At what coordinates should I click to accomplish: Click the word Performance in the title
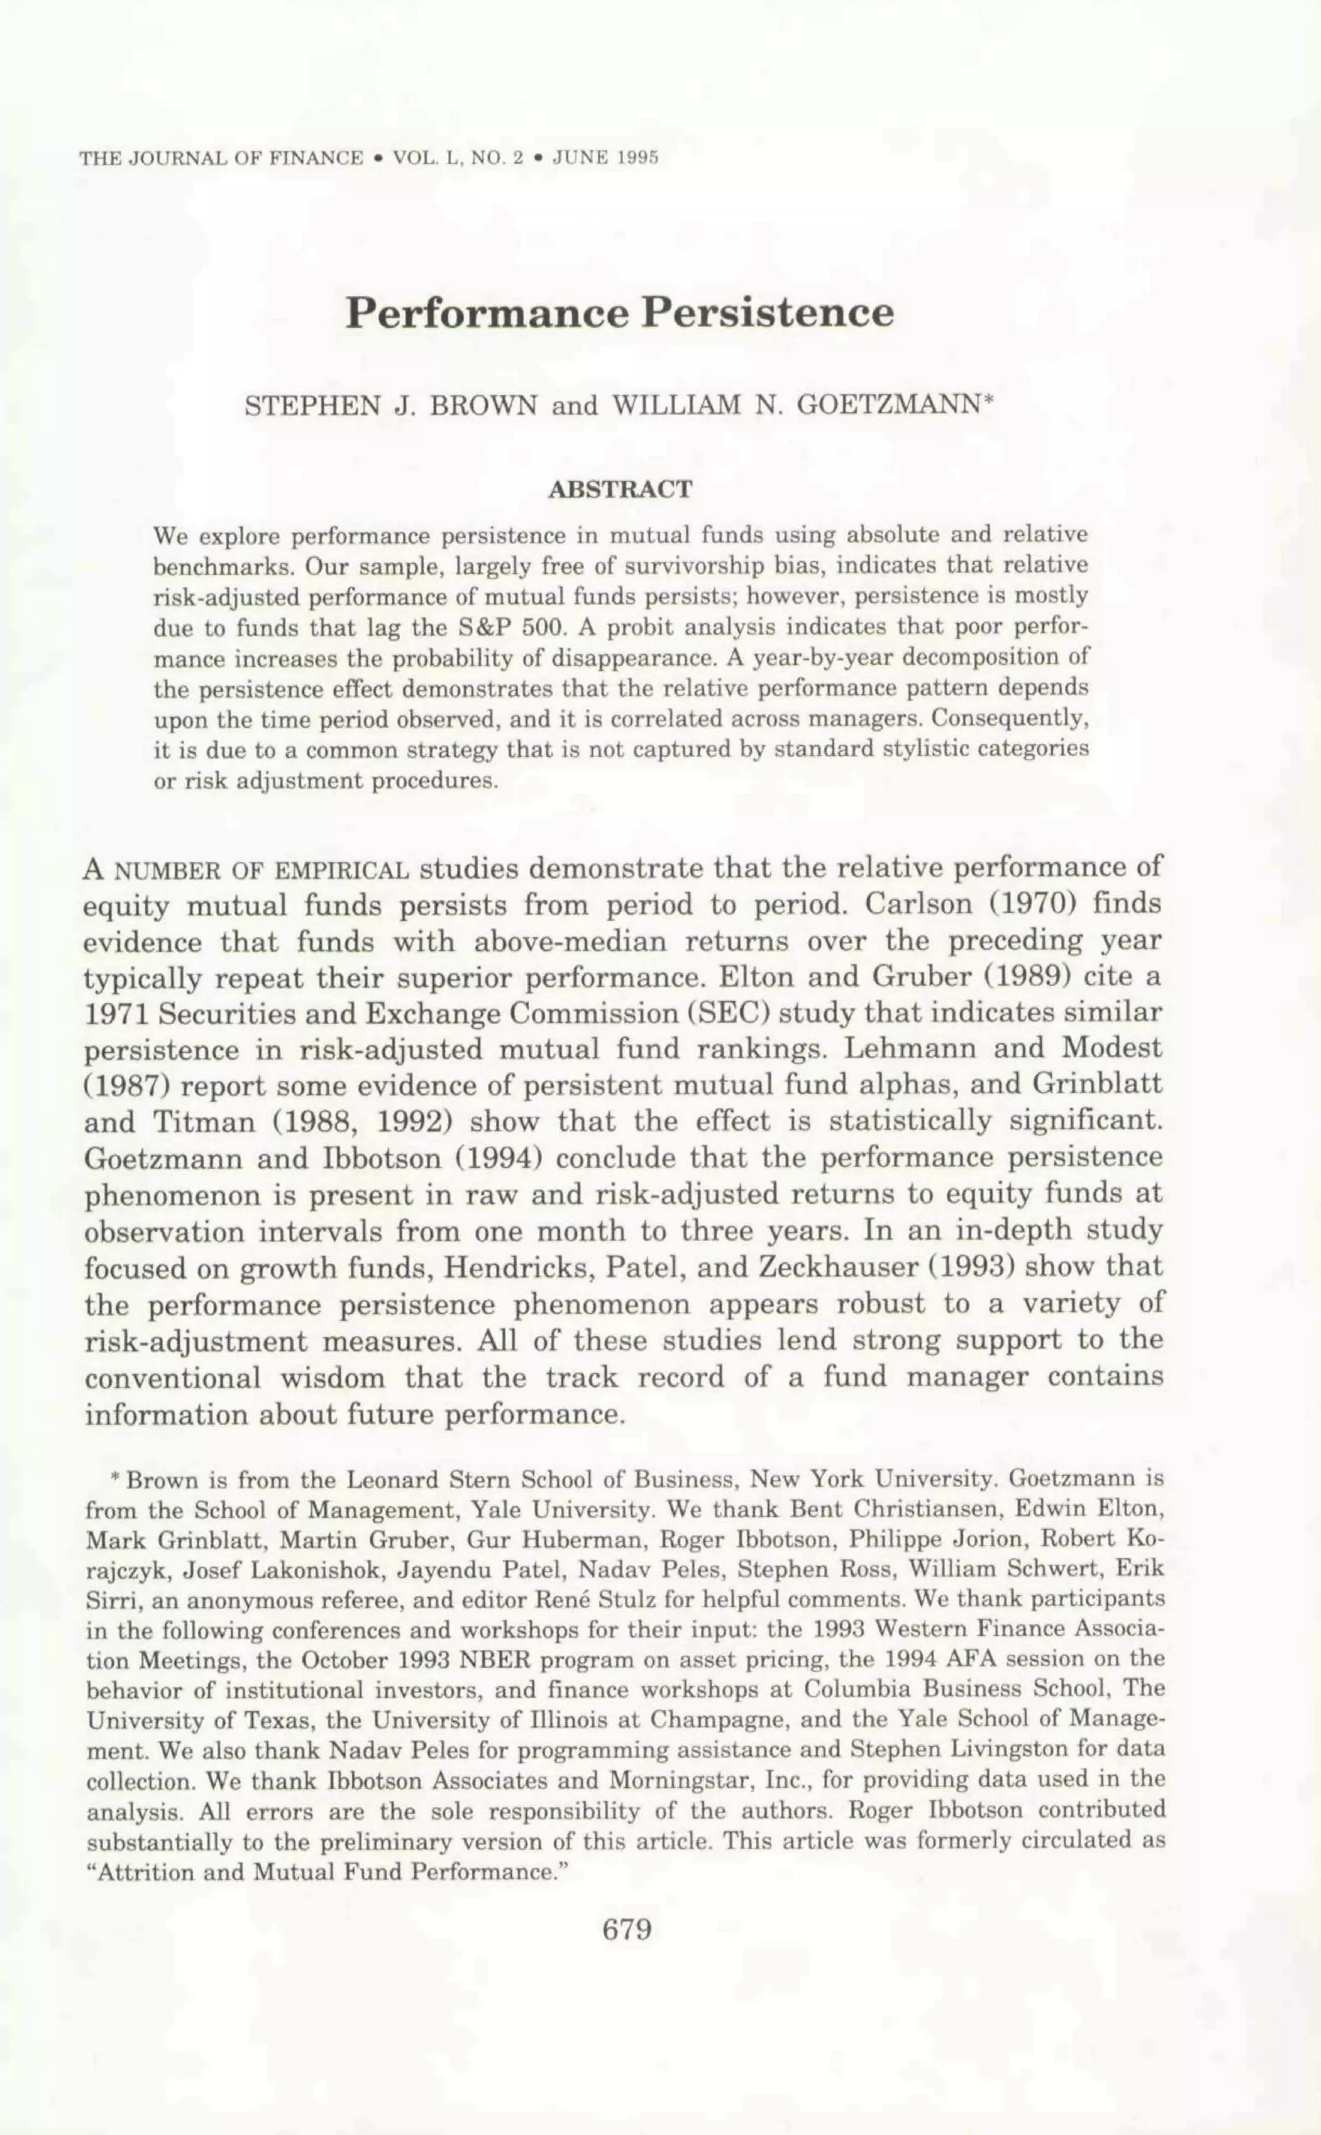point(488,313)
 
